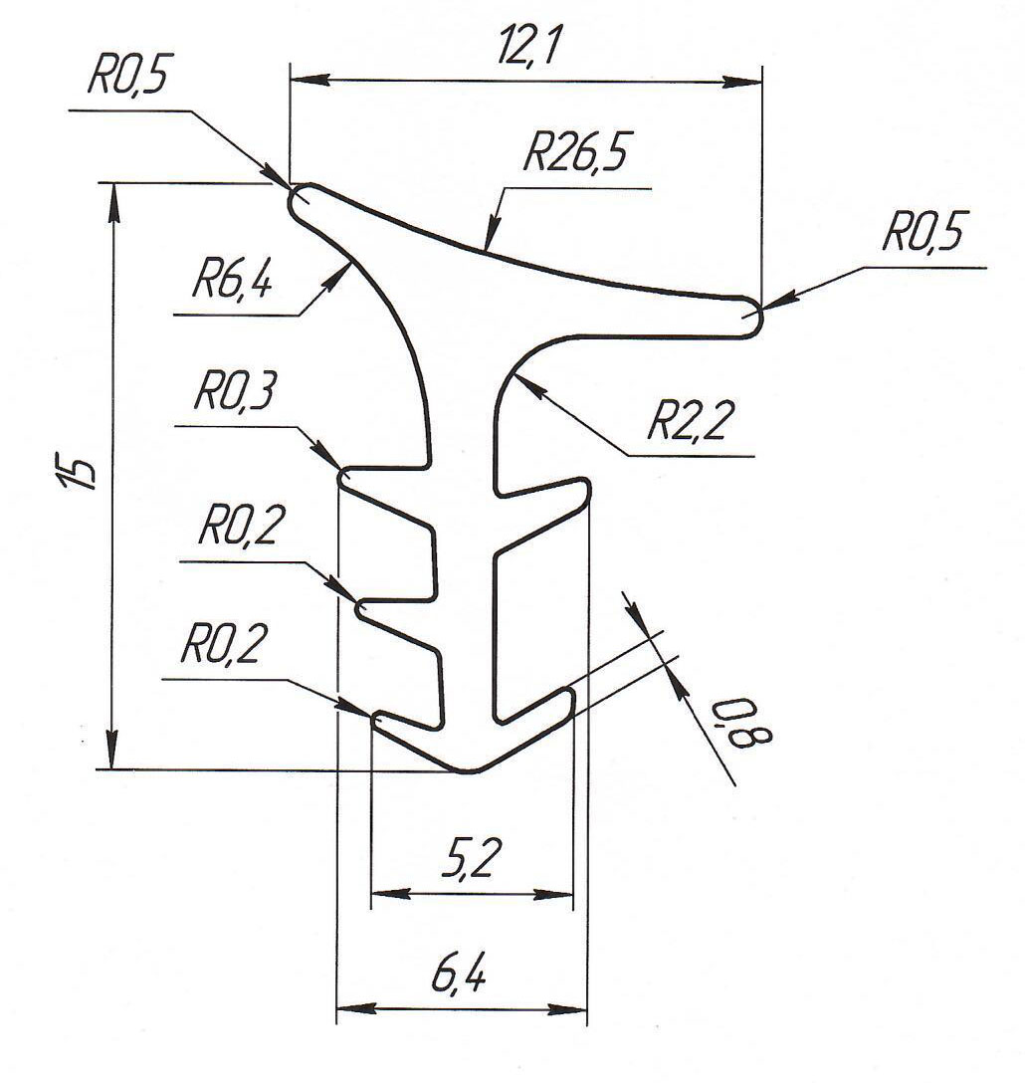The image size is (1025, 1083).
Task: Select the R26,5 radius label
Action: (x=580, y=156)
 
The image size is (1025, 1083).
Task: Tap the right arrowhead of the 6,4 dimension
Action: (x=574, y=1008)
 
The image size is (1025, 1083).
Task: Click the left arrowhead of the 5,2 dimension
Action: (x=384, y=894)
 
